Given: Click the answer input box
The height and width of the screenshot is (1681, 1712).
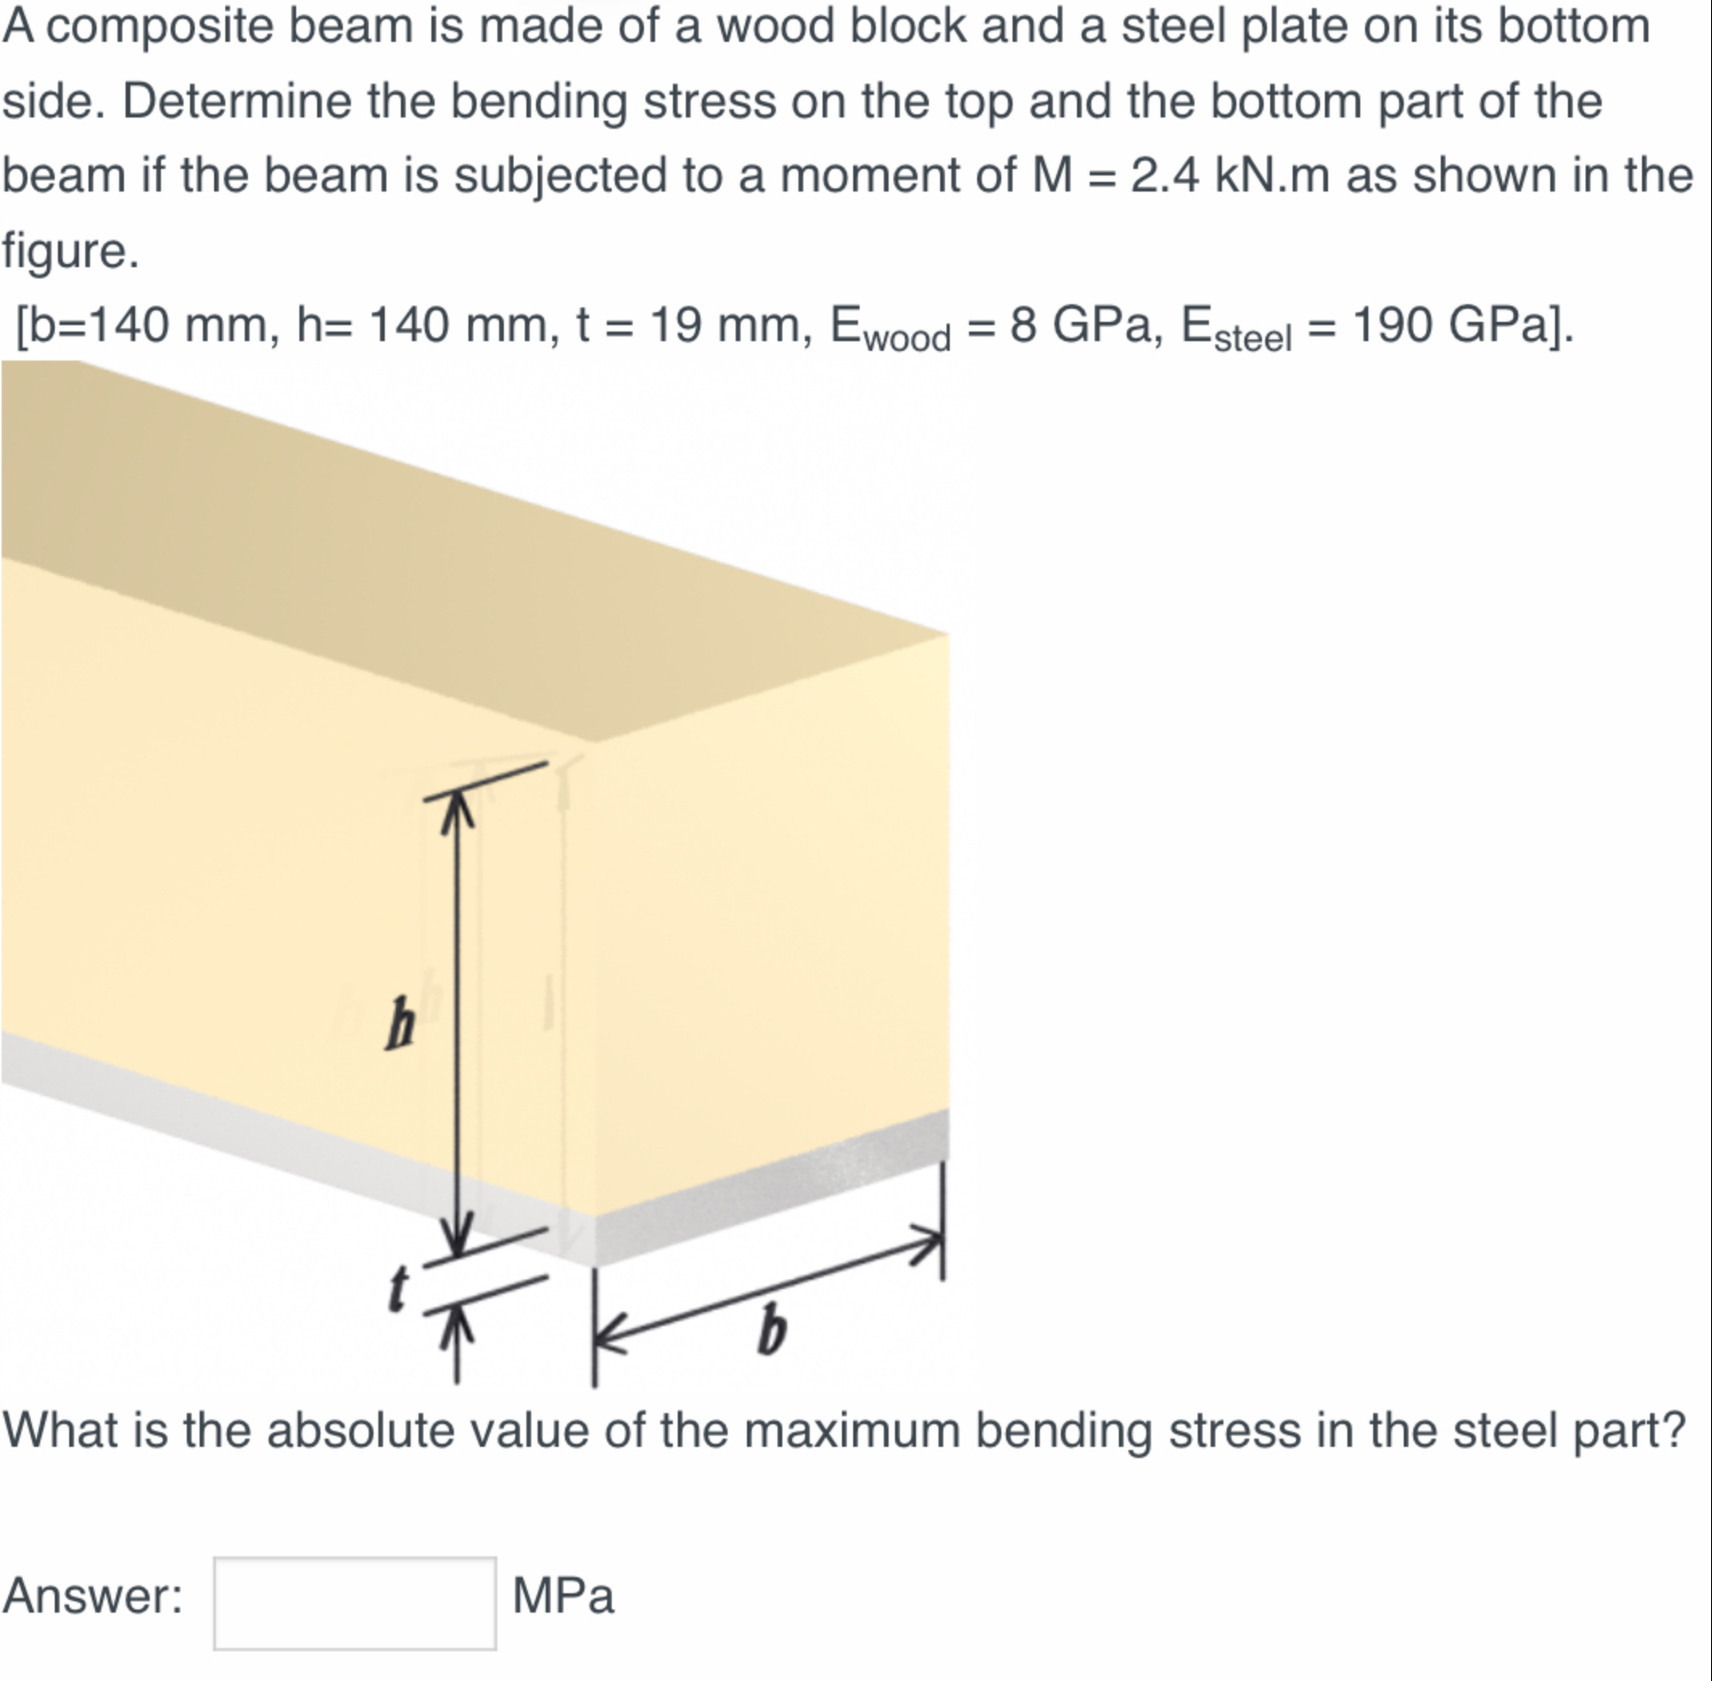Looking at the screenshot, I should click(x=354, y=1602).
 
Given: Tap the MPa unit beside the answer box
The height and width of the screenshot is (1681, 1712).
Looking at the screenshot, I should click(x=563, y=1597).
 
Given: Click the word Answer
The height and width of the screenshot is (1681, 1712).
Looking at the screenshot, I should click(x=92, y=1596).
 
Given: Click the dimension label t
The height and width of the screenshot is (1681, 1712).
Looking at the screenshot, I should click(x=399, y=1289).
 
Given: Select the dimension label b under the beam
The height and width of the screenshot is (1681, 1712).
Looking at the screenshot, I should click(x=771, y=1329).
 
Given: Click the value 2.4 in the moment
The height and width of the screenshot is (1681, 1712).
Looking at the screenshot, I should click(x=1165, y=175).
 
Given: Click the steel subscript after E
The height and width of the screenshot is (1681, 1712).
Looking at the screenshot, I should click(x=1252, y=339).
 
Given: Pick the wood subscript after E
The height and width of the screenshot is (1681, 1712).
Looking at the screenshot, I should click(x=907, y=339).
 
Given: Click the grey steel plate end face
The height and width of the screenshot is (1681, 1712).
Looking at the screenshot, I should click(x=768, y=1188).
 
